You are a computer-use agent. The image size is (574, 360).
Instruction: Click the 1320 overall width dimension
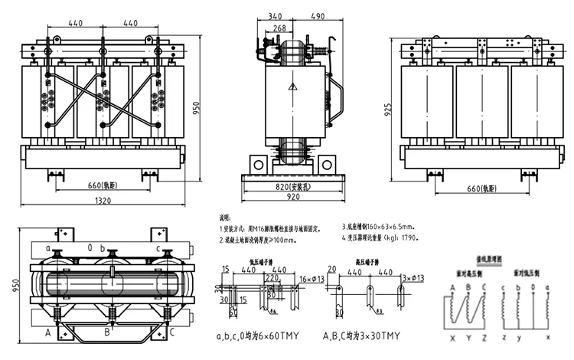pos(103,201)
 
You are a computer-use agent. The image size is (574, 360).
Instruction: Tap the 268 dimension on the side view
pos(280,29)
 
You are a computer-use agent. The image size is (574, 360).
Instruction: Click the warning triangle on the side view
pos(292,87)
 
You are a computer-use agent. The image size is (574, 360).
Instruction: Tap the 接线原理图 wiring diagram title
pos(488,260)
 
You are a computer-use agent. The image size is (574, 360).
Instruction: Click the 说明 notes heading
pos(224,218)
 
